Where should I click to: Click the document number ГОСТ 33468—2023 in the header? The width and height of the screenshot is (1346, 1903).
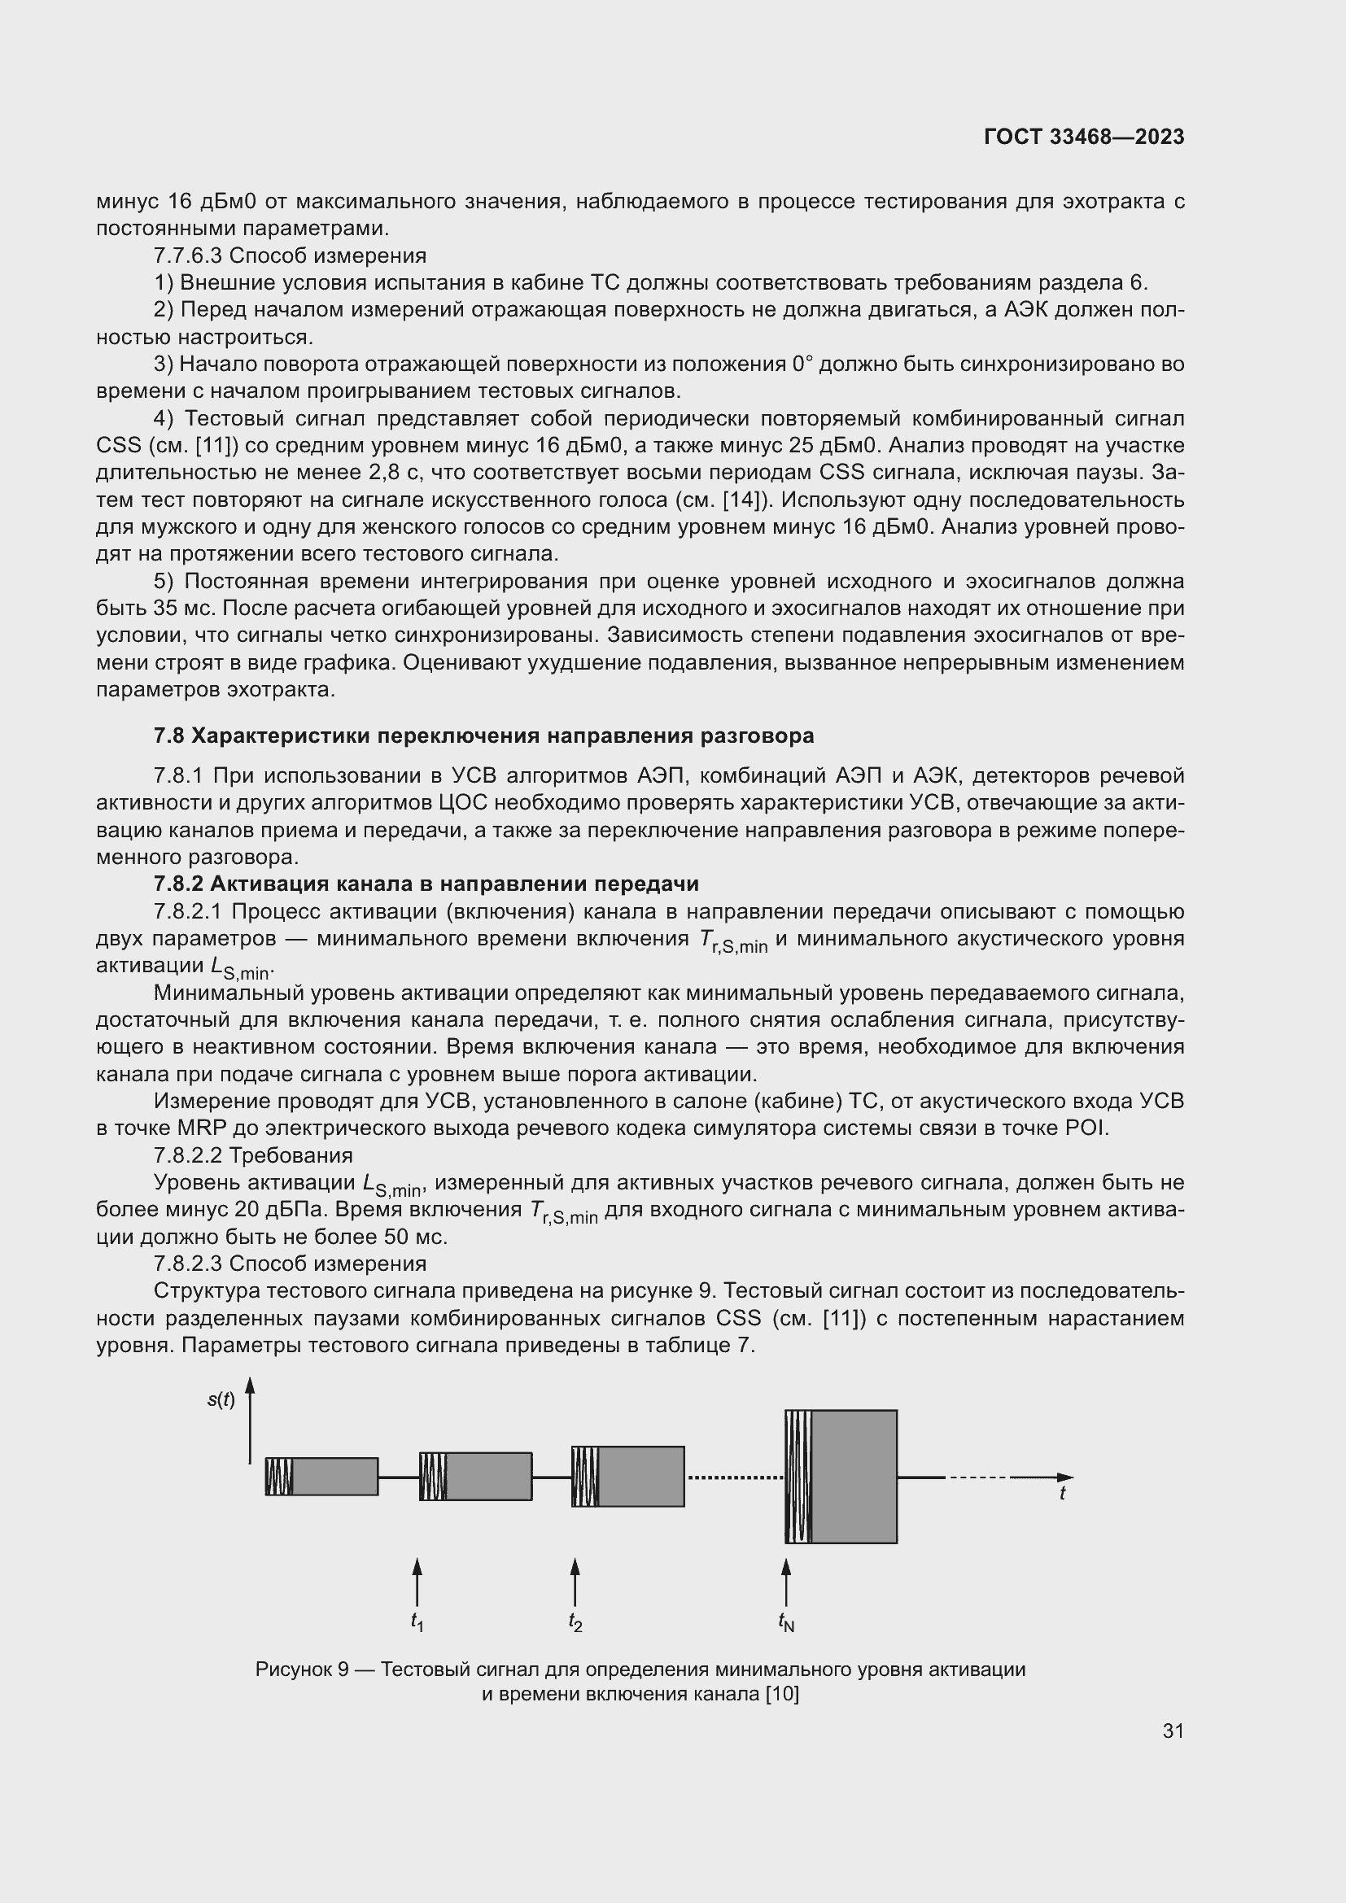(1084, 137)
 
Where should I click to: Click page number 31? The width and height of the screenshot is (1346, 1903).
(1173, 1731)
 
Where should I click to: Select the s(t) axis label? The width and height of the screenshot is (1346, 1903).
(221, 1401)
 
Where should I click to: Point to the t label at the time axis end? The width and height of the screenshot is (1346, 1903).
(1063, 1494)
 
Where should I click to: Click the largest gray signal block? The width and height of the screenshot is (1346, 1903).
(854, 1476)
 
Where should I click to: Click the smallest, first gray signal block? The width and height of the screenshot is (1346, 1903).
(334, 1476)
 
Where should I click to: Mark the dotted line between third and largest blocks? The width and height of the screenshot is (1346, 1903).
(734, 1477)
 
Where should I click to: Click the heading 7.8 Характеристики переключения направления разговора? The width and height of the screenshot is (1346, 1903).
(483, 736)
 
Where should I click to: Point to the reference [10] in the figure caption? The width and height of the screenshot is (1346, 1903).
(782, 1694)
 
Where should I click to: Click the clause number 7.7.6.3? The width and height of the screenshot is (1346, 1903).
(187, 255)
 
